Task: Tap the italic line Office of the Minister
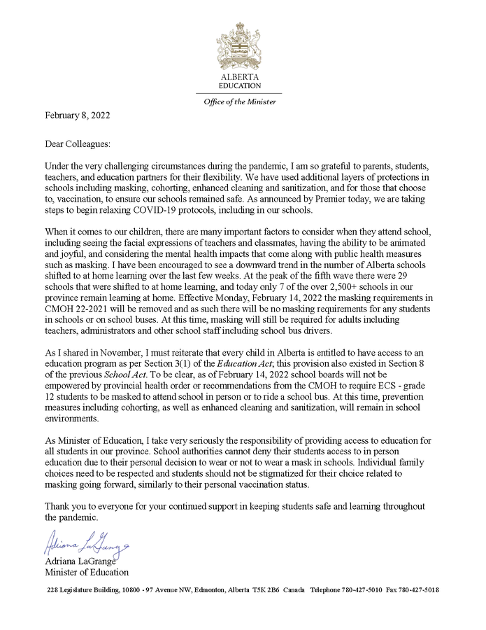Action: [239, 101]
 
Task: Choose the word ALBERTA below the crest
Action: [240, 76]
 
